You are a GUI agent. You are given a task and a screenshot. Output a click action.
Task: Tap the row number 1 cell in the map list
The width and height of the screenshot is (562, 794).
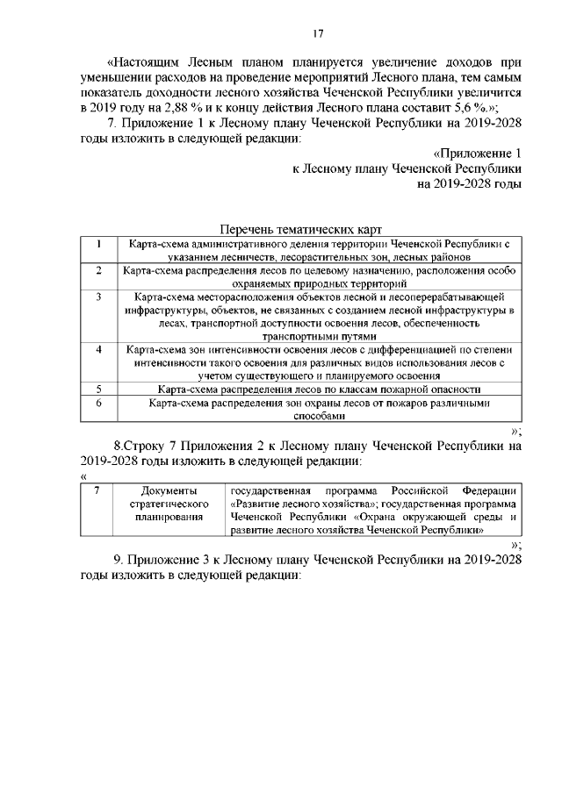99,243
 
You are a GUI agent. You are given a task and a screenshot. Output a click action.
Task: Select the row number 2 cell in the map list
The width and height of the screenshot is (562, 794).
99,271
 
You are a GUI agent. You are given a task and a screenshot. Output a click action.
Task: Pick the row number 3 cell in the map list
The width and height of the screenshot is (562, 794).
99,298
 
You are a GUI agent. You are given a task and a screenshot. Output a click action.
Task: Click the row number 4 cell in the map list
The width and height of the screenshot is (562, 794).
99,349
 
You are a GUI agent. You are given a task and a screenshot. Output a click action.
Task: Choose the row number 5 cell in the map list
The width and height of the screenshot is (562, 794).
99,389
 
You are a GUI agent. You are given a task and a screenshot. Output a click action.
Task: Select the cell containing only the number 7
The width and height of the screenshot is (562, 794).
96,489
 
